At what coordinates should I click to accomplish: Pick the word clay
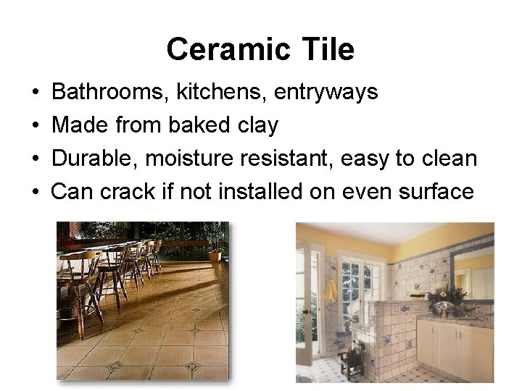(x=257, y=125)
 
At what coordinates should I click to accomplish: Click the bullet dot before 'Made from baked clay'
(x=36, y=126)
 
